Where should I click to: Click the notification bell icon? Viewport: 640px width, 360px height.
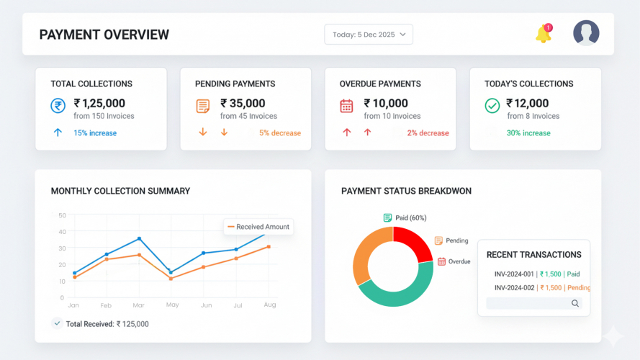coord(543,34)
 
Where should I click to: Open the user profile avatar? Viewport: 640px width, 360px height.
coord(586,33)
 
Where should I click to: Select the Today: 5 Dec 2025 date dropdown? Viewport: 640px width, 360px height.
coord(369,35)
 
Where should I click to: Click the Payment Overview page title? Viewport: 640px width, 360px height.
coord(104,35)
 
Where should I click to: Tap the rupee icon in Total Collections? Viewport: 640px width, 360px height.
coord(58,106)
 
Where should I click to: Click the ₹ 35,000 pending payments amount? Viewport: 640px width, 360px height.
coord(243,103)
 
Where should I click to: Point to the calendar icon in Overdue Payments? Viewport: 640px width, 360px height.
coord(346,106)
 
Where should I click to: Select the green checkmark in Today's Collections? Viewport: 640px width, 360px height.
coord(492,106)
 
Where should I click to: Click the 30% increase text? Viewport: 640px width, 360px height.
coord(528,133)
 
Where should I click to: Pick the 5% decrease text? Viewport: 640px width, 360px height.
coord(280,133)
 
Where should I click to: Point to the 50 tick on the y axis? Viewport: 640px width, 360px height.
coord(62,215)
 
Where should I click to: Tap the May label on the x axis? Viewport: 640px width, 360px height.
coord(172,305)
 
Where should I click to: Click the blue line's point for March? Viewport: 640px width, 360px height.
coord(139,238)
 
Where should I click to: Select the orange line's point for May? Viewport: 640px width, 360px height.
coord(171,278)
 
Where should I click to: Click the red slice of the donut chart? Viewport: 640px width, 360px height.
coord(413,242)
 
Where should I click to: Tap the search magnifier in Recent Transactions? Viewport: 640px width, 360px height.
coord(575,304)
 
